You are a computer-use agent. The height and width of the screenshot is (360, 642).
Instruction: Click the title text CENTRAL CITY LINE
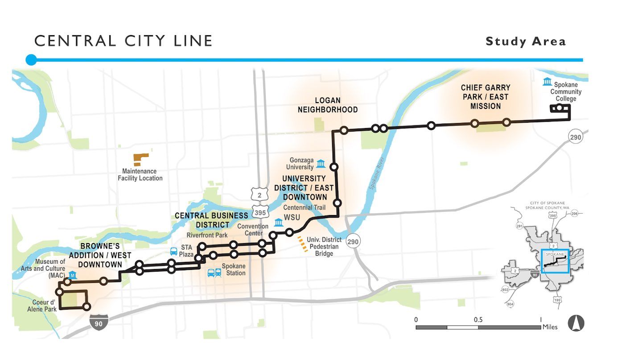coord(123,41)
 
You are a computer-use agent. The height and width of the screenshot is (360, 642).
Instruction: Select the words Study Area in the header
coord(526,41)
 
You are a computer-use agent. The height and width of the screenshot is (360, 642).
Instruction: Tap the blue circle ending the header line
coord(31,60)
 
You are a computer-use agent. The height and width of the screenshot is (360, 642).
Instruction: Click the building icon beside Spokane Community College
coord(547,82)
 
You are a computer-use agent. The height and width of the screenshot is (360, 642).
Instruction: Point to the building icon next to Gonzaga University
coord(321,164)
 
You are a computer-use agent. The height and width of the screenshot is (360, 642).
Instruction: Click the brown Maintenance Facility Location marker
coord(140,159)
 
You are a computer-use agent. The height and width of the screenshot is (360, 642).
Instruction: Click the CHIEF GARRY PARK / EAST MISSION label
coord(485,97)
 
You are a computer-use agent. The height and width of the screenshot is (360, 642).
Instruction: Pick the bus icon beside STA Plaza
coord(174,251)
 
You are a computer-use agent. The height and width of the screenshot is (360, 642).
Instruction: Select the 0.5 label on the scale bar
coord(478,319)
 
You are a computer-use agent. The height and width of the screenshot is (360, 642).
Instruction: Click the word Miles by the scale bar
coord(550,327)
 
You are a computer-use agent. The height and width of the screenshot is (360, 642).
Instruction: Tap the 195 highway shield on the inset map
coord(557,300)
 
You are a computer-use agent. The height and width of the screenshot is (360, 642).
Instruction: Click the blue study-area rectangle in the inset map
coord(555,261)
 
